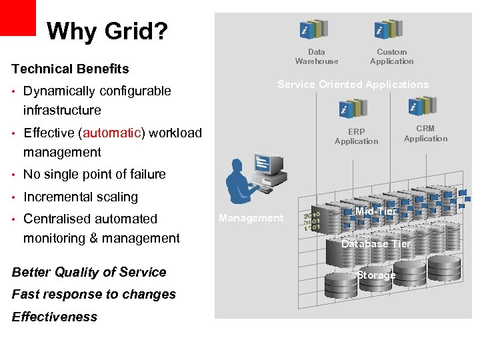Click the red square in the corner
pos(17,17)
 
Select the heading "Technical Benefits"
pos(70,69)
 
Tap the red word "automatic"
pos(111,133)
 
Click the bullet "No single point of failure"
pos(94,175)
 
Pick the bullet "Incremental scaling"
pos(80,197)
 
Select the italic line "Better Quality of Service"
pos(89,272)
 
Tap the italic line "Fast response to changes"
pos(93,294)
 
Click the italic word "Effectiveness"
pos(55,317)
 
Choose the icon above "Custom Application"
pos(387,29)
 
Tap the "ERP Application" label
pos(356,137)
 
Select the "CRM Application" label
pos(425,133)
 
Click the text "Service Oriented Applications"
pos(353,85)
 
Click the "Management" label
pos(251,218)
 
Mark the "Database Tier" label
pos(376,244)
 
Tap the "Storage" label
pos(376,275)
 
